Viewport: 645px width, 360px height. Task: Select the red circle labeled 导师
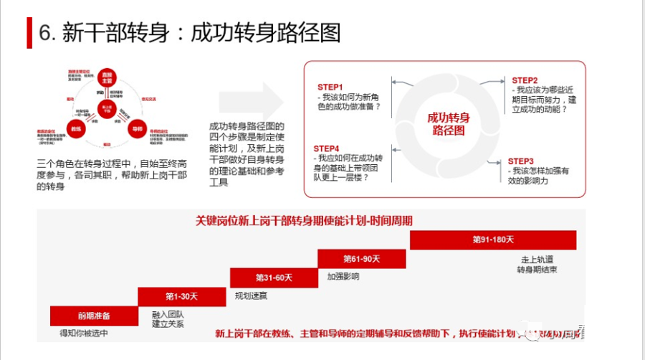(x=137, y=128)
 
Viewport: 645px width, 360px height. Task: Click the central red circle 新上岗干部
(x=107, y=109)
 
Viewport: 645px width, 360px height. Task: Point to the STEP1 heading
(x=330, y=87)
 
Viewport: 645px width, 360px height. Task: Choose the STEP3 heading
(x=521, y=161)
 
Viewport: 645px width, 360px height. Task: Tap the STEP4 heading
(x=327, y=148)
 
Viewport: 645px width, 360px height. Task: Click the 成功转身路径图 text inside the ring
(x=449, y=124)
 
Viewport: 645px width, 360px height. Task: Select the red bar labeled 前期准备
(x=94, y=316)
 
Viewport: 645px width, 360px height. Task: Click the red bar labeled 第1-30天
(x=183, y=296)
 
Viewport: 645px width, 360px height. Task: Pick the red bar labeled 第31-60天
(x=274, y=277)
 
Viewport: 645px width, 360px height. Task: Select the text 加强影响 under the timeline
(x=343, y=276)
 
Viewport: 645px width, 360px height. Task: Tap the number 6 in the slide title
(x=44, y=32)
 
